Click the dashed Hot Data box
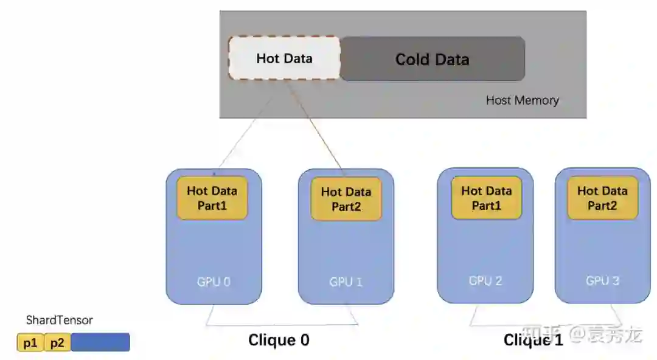284,58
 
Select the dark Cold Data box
432,59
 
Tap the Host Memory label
522,100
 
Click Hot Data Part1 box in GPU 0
212,198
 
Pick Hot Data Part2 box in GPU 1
346,199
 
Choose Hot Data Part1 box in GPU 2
486,198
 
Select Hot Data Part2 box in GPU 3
602,198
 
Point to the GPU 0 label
214,282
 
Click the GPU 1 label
346,282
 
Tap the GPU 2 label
485,280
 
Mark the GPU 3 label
602,280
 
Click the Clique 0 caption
279,340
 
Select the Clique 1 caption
533,340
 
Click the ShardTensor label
59,320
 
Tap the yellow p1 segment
30,343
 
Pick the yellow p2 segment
57,343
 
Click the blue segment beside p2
100,342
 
